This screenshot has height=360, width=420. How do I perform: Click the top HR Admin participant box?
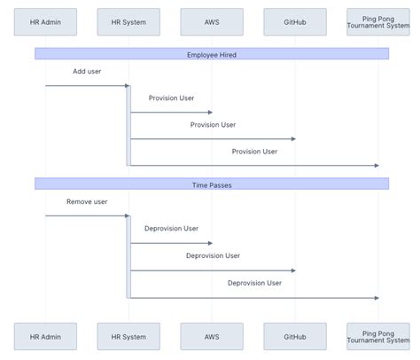[45, 21]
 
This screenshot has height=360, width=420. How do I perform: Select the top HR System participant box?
[128, 21]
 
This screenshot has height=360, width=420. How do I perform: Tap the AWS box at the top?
[212, 21]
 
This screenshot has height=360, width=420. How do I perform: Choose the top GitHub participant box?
[295, 21]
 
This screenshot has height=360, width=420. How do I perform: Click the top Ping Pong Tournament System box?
[378, 21]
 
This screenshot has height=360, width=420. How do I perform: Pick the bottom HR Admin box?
[45, 336]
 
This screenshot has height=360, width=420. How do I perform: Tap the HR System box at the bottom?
[128, 336]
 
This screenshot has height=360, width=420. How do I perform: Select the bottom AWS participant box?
[212, 336]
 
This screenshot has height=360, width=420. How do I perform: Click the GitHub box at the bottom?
[295, 336]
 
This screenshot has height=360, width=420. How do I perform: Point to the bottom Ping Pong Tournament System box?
[378, 336]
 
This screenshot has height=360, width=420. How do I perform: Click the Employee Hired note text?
[212, 54]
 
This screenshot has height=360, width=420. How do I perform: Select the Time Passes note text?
[212, 184]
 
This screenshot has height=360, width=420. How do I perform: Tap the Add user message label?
[87, 71]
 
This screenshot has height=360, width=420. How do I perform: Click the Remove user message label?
[87, 201]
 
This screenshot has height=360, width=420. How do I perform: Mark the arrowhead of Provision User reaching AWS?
[209, 113]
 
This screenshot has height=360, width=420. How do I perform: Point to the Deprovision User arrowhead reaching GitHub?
[292, 270]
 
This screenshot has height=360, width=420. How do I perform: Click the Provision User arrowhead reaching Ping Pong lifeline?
[376, 165]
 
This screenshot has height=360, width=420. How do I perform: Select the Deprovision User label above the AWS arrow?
[171, 228]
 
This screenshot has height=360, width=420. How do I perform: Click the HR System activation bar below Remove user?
[128, 257]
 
